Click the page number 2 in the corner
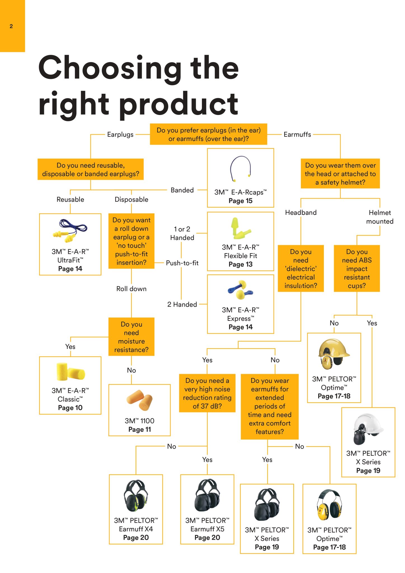coord(11,26)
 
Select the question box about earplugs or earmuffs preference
coord(208,134)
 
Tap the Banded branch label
coord(182,190)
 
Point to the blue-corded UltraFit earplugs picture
coord(70,231)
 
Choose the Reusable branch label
coord(70,199)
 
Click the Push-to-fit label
coord(182,263)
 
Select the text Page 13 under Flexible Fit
coord(241,264)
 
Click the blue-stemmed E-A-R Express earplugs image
coord(240,290)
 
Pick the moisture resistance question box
coord(131,337)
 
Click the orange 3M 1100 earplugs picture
coord(139,400)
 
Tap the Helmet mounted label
coord(380,217)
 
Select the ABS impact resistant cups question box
coord(357,269)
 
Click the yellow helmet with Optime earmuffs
coord(334,354)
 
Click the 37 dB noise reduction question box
coord(207,393)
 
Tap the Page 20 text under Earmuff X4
coord(136,537)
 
